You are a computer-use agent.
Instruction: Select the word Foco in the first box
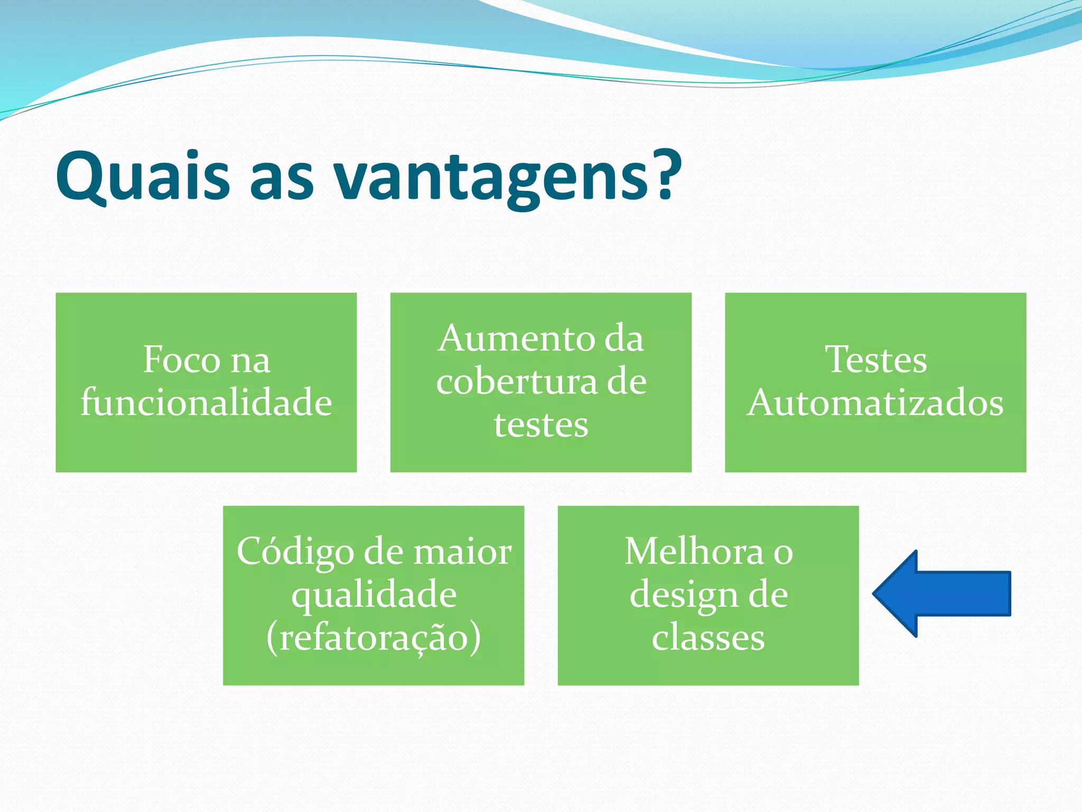coord(181,360)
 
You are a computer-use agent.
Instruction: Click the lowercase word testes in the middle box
coord(541,425)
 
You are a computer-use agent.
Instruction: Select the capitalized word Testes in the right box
coord(875,360)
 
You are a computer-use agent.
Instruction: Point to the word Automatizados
coord(875,403)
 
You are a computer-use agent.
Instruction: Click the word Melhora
coord(694,552)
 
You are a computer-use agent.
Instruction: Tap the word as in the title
coord(281,180)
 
